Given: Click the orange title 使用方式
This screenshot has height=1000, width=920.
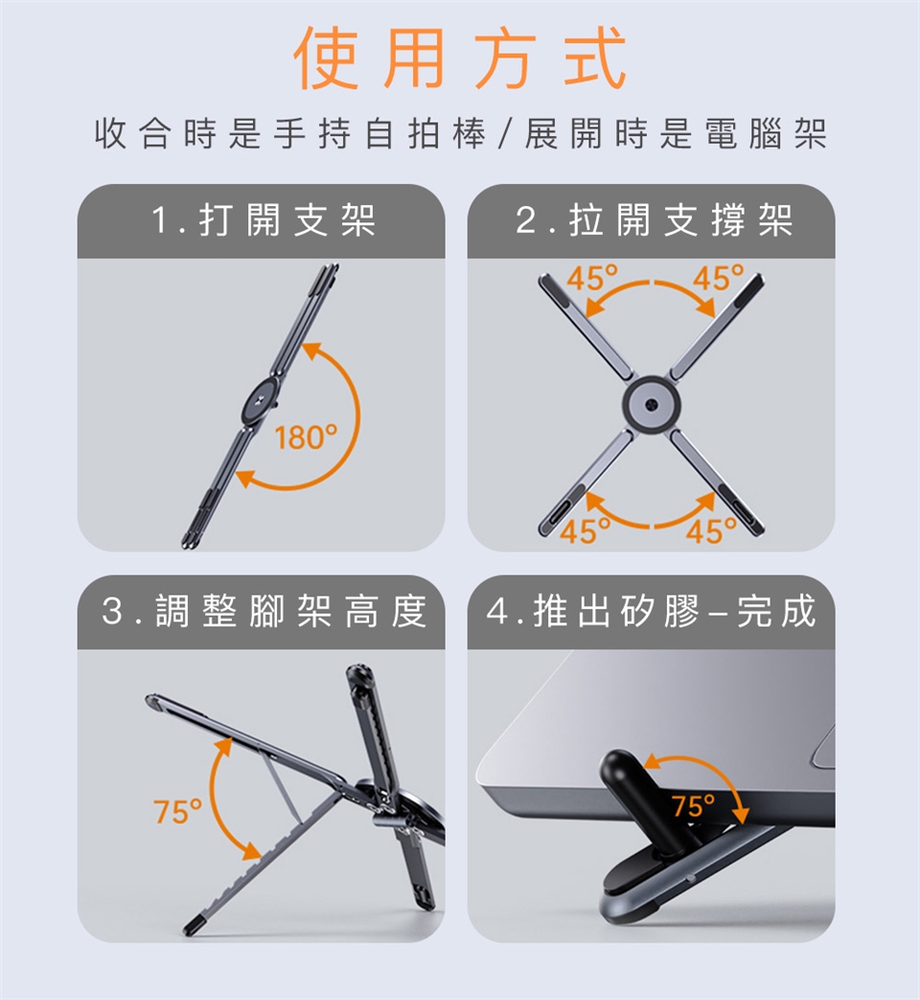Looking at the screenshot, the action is pyautogui.click(x=460, y=58).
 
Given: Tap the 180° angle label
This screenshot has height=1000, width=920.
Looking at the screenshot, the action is pyautogui.click(x=306, y=438).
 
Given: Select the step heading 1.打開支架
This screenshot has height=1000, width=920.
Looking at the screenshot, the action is pyautogui.click(x=263, y=220).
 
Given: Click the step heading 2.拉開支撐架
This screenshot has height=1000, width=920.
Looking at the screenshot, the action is pyautogui.click(x=654, y=220).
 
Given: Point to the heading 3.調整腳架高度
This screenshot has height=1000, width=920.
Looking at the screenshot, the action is pyautogui.click(x=264, y=611).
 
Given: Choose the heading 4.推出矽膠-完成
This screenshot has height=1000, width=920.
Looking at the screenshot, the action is pyautogui.click(x=651, y=611).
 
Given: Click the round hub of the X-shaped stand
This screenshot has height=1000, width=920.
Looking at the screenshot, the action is pyautogui.click(x=650, y=403).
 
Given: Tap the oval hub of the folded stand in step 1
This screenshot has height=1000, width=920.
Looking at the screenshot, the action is pyautogui.click(x=261, y=404).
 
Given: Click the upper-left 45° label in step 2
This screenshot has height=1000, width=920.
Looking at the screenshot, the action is pyautogui.click(x=592, y=278).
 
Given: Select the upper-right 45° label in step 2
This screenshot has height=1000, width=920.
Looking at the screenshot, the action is pyautogui.click(x=719, y=278).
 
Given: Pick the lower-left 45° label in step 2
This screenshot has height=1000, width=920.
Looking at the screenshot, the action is pyautogui.click(x=585, y=532).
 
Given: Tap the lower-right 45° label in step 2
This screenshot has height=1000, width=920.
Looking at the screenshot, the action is pyautogui.click(x=711, y=532).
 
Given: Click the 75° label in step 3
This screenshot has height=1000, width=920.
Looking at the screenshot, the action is pyautogui.click(x=177, y=811).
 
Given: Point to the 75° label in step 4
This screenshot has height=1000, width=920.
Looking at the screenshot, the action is pyautogui.click(x=695, y=807).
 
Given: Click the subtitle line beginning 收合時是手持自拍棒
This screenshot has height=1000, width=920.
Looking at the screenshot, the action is pyautogui.click(x=461, y=134).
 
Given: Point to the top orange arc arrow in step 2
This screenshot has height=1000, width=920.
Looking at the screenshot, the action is pyautogui.click(x=650, y=284).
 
